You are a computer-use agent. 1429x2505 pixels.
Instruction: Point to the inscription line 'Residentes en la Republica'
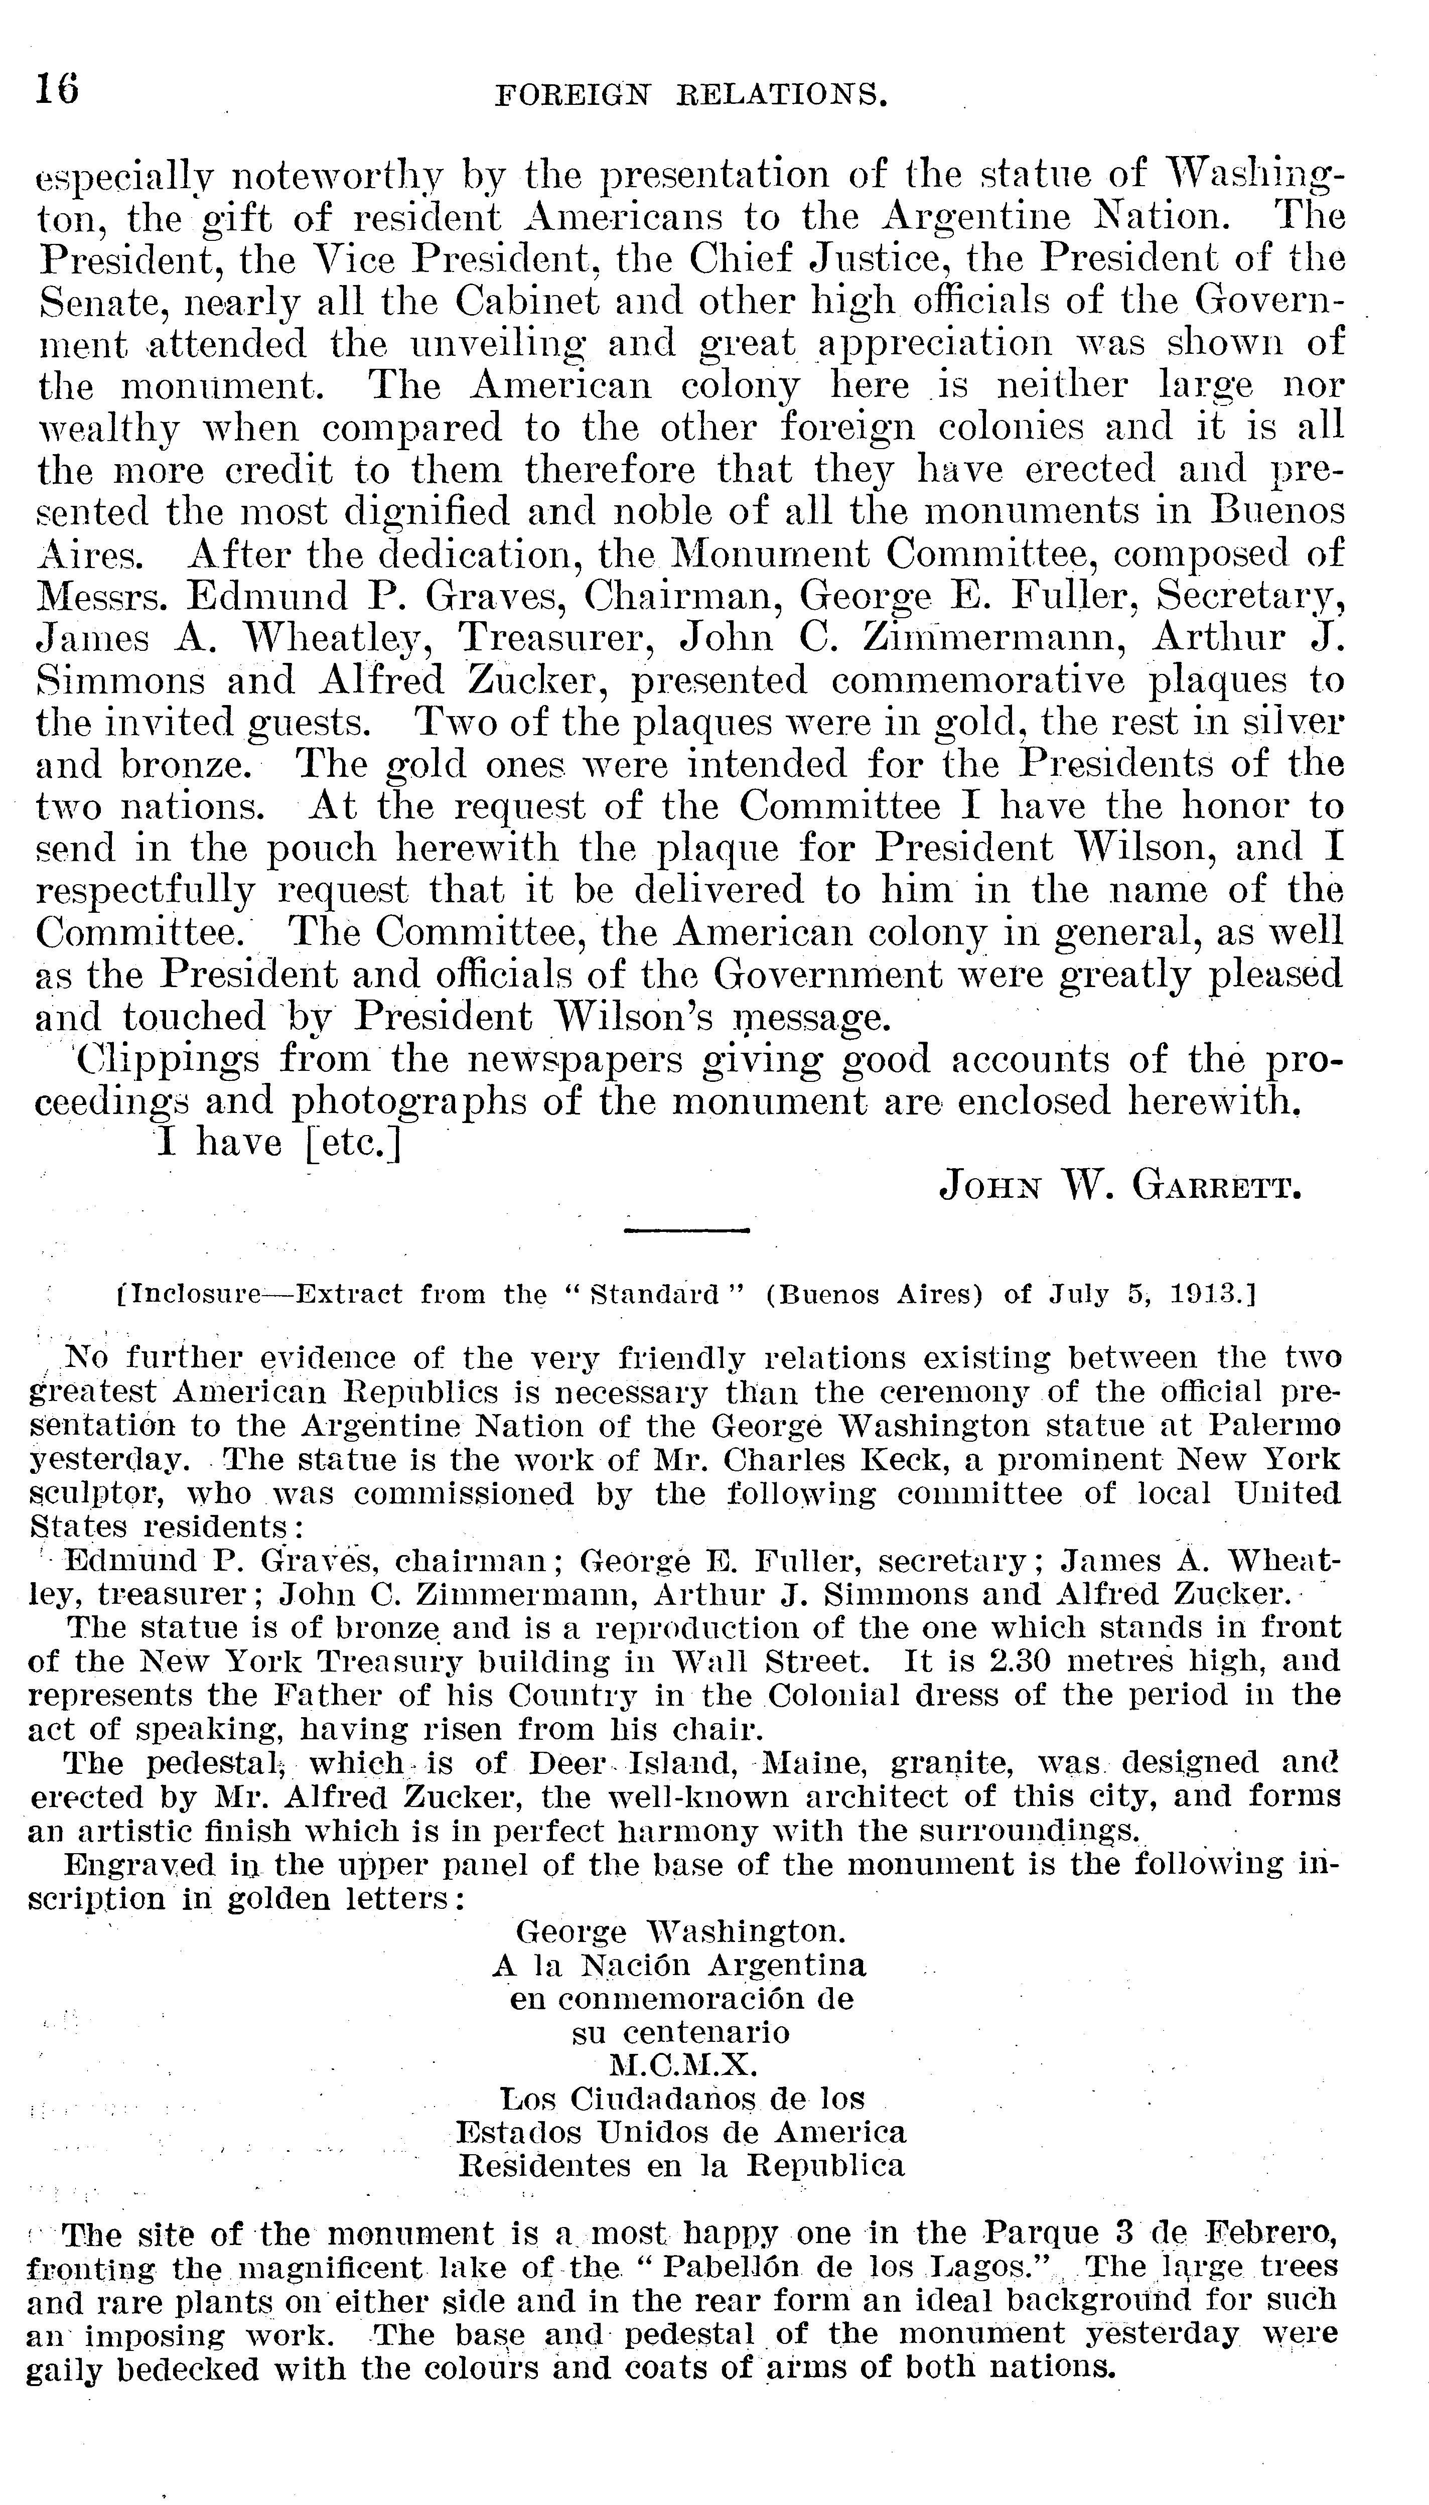pos(681,2165)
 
